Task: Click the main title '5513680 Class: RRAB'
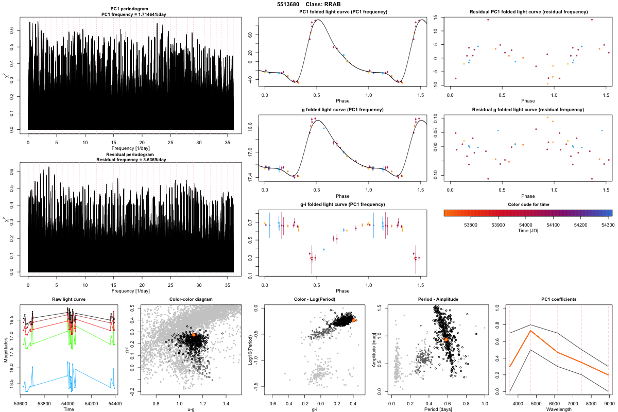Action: pos(309,4)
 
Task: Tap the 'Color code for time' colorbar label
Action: pos(527,204)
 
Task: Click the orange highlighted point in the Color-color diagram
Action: pos(193,335)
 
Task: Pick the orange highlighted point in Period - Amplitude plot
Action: pos(446,340)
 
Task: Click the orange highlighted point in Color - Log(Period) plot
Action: pos(353,320)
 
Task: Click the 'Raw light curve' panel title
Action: pos(68,299)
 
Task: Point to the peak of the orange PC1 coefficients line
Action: pos(530,331)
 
